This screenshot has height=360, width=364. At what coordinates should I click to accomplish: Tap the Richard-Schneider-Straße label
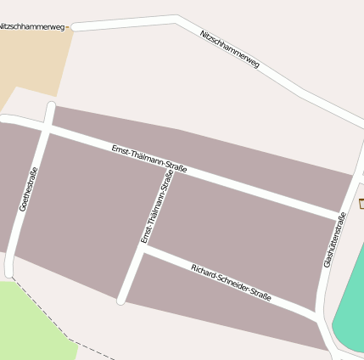(231, 283)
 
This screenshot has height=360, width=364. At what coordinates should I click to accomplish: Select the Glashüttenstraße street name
(335, 240)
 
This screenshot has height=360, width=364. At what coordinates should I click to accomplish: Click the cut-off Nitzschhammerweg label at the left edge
(32, 26)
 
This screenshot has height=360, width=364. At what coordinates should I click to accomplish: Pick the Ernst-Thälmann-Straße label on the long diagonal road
(149, 160)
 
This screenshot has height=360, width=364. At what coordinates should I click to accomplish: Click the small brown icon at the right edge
(361, 203)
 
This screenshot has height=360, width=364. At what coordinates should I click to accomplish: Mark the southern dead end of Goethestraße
(9, 273)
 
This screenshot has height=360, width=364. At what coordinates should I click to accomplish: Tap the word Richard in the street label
(204, 271)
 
